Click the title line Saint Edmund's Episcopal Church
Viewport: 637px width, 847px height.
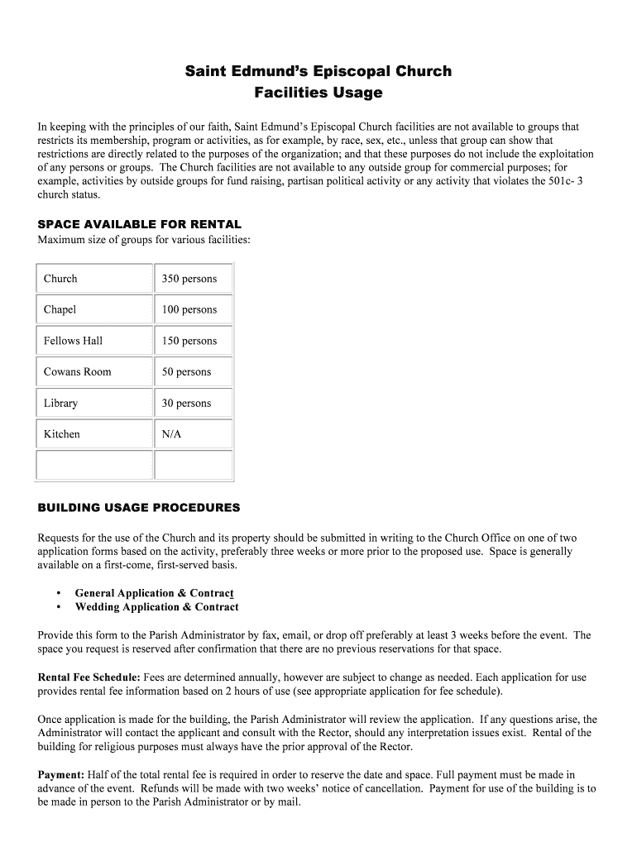pos(318,71)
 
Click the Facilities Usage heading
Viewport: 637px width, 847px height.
pos(318,93)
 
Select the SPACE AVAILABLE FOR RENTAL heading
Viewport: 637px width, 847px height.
pos(140,224)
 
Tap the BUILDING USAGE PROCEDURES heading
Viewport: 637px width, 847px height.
pos(139,507)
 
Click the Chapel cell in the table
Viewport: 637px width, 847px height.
pos(60,309)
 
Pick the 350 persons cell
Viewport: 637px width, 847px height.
pos(189,279)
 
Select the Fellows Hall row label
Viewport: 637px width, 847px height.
pos(74,341)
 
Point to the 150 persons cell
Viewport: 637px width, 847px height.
pos(189,341)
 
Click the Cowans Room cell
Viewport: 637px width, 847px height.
pos(77,372)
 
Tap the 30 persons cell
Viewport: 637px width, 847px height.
pos(187,404)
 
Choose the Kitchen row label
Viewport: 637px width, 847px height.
pos(62,434)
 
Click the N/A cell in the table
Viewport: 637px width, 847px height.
pos(172,434)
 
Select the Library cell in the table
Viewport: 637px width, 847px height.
pos(60,404)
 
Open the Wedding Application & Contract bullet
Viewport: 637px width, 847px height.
pos(156,607)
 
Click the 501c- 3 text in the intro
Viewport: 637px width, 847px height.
pos(565,182)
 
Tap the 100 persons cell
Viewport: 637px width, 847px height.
pos(189,309)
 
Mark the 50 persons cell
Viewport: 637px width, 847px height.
pos(187,372)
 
